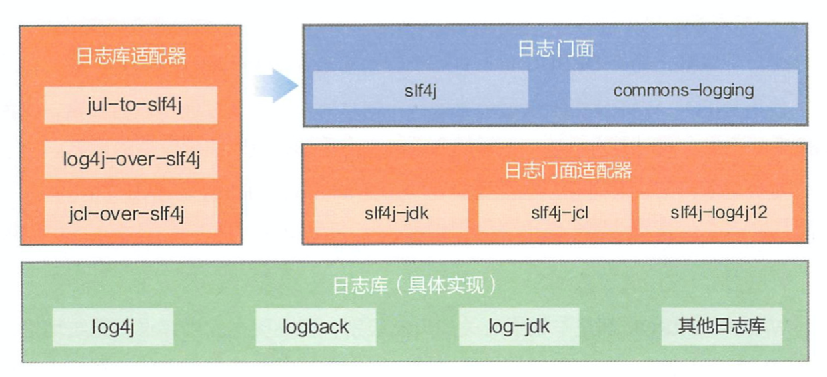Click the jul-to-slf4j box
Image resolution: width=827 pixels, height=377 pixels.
pos(131,105)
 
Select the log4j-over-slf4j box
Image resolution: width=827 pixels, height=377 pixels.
pos(131,159)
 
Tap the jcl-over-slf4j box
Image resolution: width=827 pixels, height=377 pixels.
pos(131,214)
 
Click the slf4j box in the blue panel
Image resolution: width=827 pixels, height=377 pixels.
pos(420,89)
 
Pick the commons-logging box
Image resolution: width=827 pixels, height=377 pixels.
pos(684,89)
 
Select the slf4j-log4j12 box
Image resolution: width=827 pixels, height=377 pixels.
pos(716,214)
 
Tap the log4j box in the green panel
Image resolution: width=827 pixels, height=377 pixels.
pos(113,326)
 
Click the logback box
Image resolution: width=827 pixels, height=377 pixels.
pos(315,326)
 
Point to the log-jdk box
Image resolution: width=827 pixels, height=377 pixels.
pos(518,326)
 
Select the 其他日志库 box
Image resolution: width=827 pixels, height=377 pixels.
pos(721,326)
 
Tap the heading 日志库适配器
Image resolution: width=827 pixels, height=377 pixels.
pos(131,56)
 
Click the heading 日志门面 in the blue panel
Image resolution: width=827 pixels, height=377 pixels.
pos(555,49)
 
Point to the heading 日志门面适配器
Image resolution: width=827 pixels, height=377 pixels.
pos(555,171)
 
